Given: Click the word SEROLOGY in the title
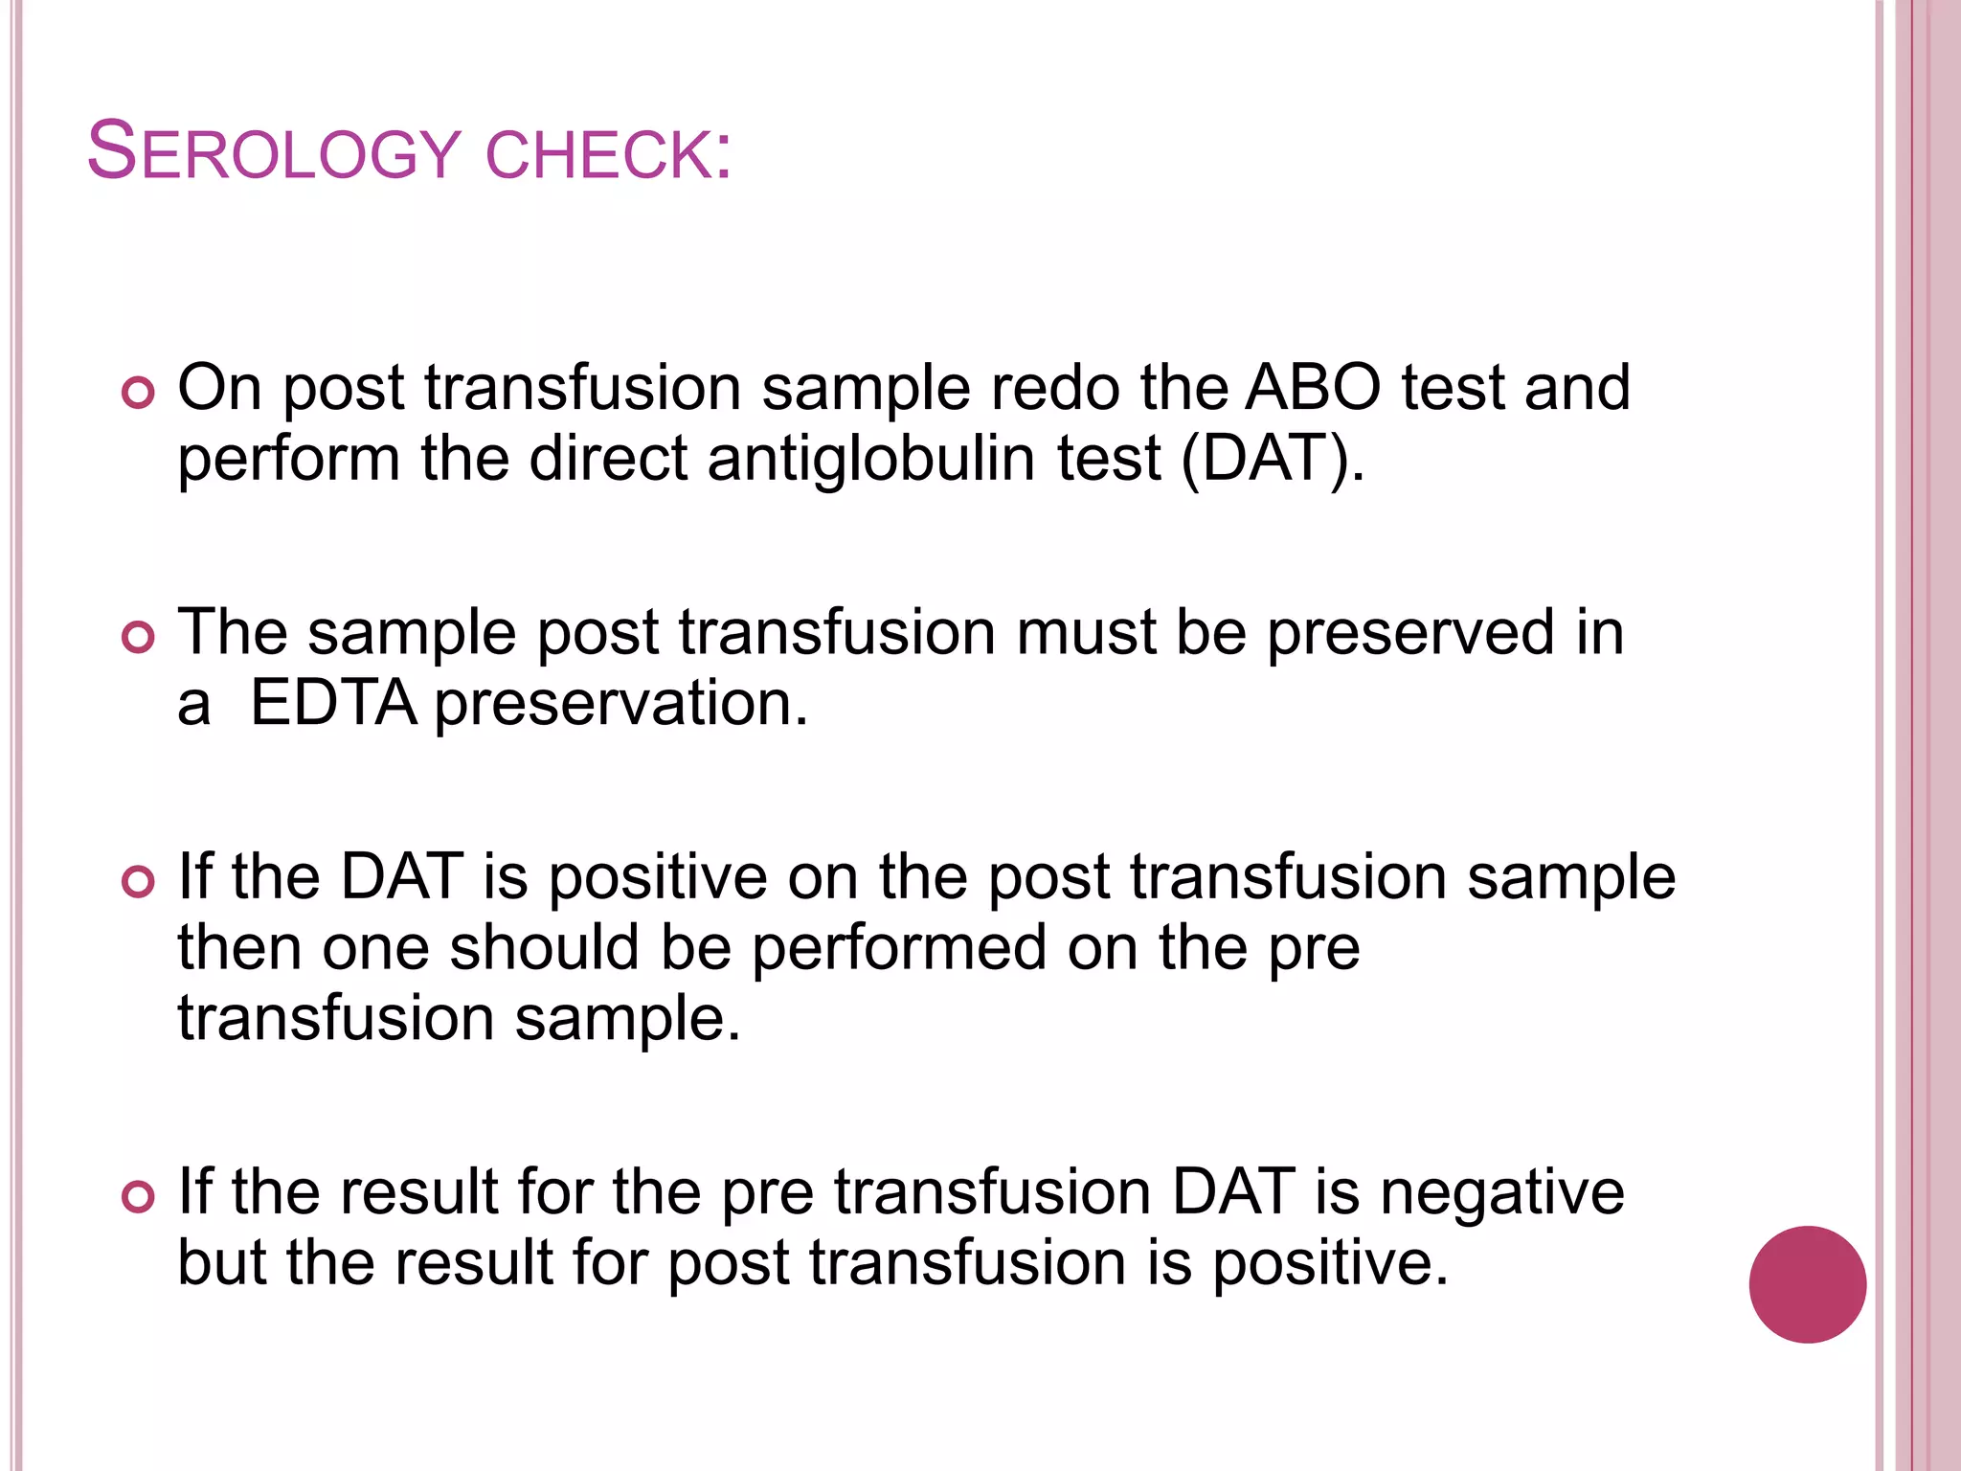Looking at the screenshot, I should click(274, 153).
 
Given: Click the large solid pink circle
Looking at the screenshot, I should click(1807, 1284).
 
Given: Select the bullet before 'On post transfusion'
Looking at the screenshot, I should click(139, 394).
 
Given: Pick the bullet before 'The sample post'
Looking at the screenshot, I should click(139, 638).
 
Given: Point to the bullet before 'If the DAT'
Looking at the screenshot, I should click(139, 882).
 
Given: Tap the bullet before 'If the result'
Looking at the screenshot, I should click(139, 1197).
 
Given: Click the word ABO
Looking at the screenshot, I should click(1313, 388).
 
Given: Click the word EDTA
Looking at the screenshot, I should click(333, 704).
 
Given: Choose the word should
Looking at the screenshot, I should click(544, 948).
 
